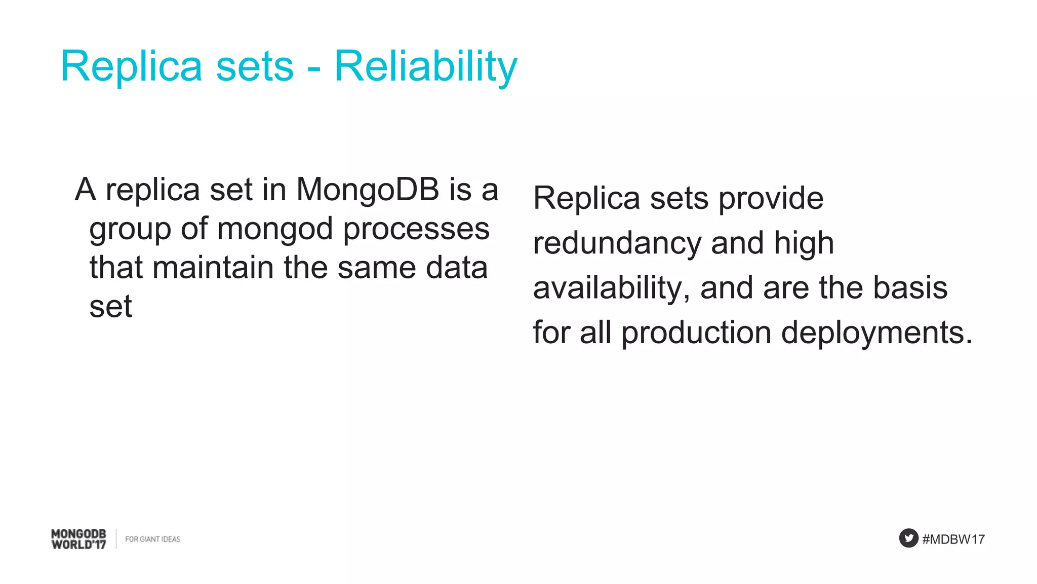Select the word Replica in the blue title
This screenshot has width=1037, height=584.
tap(131, 66)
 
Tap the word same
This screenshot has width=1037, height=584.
tap(377, 268)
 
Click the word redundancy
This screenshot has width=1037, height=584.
tap(617, 244)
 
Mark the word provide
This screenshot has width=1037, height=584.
tap(771, 199)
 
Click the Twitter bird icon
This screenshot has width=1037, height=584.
tap(908, 538)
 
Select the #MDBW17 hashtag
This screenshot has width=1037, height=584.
tap(953, 539)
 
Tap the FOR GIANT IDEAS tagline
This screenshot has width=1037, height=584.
tap(152, 539)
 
